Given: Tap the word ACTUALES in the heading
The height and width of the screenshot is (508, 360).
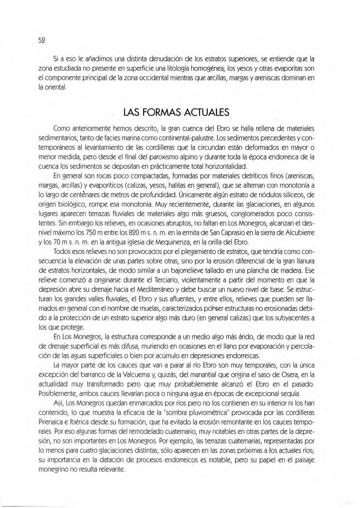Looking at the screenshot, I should pos(208,113).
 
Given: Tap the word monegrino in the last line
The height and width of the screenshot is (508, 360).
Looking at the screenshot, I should pos(53,469).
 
